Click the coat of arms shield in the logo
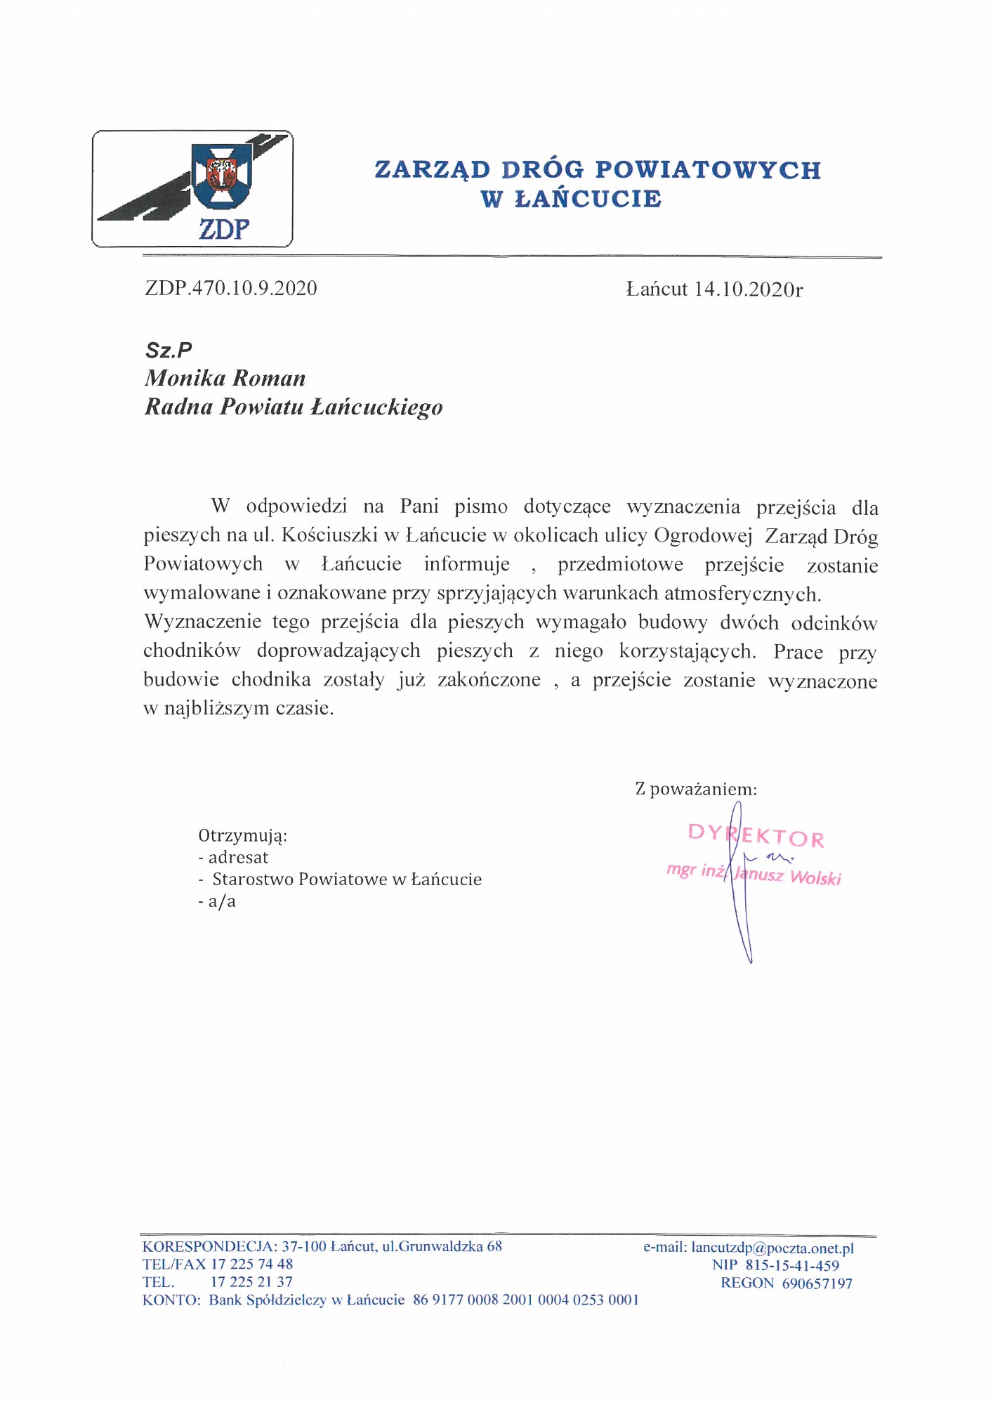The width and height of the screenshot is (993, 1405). point(221,176)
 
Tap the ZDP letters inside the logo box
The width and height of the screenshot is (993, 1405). point(223,229)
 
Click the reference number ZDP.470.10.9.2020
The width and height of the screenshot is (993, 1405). point(231,288)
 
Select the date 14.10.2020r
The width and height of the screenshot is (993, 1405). point(748,289)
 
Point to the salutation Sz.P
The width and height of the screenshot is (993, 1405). point(169,350)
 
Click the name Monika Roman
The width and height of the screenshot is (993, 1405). point(225,379)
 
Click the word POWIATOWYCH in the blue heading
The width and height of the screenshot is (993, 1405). point(707,170)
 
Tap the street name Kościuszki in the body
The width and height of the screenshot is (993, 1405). point(329,535)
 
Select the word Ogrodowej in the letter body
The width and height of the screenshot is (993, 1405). point(702,535)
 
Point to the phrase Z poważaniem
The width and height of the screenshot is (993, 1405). point(696,789)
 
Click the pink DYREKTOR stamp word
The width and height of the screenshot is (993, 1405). point(756,835)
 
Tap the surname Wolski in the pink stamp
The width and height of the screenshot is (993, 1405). point(815,877)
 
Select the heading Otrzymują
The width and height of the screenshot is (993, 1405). point(242,836)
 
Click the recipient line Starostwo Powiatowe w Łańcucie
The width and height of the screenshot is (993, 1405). point(347,880)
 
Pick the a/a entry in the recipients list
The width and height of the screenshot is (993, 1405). point(222,901)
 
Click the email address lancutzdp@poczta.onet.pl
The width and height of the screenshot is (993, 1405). point(772,1248)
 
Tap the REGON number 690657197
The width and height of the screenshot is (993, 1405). point(817,1283)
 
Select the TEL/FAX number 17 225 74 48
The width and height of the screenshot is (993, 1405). point(251,1264)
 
